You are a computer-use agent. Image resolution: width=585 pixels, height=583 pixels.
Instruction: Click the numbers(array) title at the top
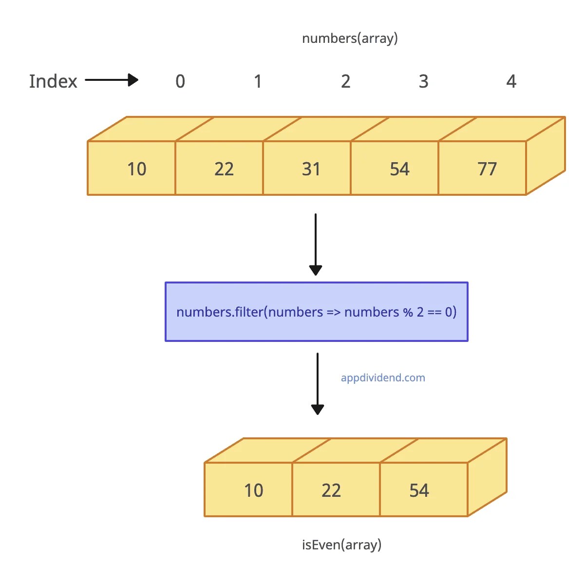(350, 38)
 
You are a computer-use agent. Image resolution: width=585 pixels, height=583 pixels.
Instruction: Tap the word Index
(53, 81)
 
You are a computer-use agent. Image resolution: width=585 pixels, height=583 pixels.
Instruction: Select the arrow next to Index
(112, 80)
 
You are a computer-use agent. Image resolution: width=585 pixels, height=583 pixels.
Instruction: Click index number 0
(180, 81)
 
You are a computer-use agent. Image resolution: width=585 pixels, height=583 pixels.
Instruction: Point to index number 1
(258, 81)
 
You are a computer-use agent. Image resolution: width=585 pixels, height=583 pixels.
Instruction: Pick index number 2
(345, 81)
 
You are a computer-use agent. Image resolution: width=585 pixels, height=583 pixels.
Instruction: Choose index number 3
(423, 81)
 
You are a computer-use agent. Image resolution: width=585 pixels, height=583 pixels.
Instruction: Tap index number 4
(511, 81)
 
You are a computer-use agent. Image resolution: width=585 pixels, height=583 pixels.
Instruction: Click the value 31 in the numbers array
(311, 169)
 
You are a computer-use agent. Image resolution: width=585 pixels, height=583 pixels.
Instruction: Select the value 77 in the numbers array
(487, 169)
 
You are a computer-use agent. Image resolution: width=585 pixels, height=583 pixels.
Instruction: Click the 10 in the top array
(136, 169)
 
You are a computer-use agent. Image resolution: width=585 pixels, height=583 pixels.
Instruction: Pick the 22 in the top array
(224, 169)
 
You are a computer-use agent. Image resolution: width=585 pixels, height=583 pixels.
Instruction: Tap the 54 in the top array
(399, 169)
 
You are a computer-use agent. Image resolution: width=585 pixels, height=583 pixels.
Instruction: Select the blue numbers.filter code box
(317, 312)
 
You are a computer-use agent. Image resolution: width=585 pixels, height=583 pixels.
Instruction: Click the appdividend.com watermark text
(383, 378)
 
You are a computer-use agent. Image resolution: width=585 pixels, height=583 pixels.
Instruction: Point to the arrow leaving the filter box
(318, 384)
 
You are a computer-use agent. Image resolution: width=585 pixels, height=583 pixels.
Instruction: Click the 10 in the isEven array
(253, 490)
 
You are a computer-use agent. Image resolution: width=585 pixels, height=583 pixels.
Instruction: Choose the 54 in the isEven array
(419, 490)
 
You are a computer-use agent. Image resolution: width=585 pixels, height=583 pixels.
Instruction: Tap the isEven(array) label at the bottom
(341, 545)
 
